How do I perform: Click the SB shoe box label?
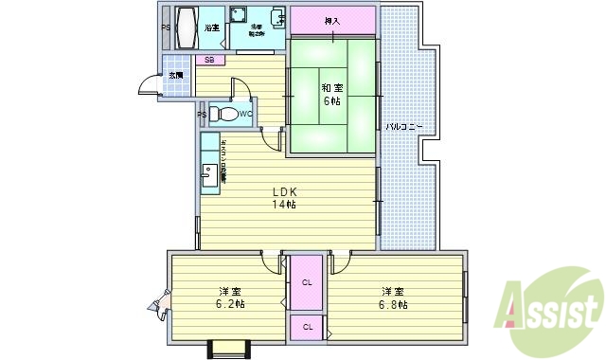pyautogui.click(x=209, y=61)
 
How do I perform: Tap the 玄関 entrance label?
pyautogui.click(x=176, y=75)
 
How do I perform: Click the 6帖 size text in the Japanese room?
pyautogui.click(x=331, y=101)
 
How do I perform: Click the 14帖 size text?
pyautogui.click(x=285, y=205)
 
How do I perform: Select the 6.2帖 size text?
pyautogui.click(x=229, y=305)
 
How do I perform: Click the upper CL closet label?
pyautogui.click(x=308, y=282)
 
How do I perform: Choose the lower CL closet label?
pyautogui.click(x=308, y=327)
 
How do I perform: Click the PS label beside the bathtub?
pyautogui.click(x=165, y=27)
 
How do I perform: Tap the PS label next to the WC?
pyautogui.click(x=202, y=115)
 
